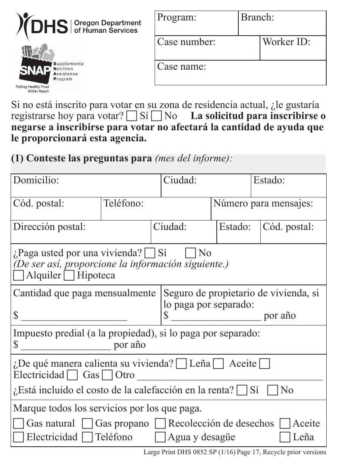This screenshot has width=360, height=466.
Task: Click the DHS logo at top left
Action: (x=42, y=26)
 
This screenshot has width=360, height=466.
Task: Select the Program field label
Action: (x=177, y=17)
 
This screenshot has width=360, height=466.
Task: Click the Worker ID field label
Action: (x=286, y=42)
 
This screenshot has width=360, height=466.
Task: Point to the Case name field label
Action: (x=182, y=67)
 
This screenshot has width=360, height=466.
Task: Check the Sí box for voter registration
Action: (x=132, y=116)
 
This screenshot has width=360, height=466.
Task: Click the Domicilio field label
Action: (x=36, y=180)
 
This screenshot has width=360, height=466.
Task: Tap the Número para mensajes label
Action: (x=263, y=203)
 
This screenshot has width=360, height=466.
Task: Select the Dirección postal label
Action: (x=49, y=227)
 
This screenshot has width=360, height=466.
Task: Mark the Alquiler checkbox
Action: (x=19, y=275)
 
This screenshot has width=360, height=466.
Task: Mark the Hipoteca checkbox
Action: (x=69, y=275)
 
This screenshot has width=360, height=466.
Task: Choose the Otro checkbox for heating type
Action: (x=108, y=375)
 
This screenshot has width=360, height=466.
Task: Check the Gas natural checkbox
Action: (x=19, y=424)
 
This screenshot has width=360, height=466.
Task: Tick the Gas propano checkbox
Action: (x=88, y=424)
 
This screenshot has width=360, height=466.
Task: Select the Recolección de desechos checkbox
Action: (x=160, y=424)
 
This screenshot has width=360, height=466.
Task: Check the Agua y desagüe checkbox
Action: (x=160, y=438)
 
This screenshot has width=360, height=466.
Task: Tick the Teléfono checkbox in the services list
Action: (x=88, y=438)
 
